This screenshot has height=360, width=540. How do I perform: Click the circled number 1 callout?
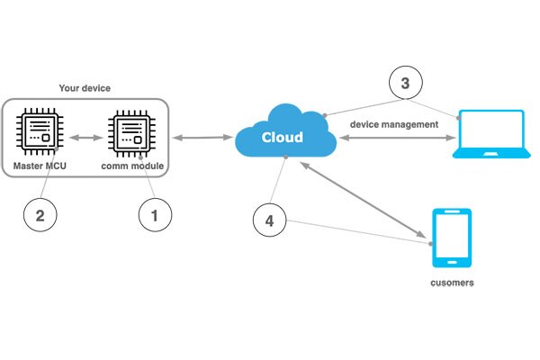(154, 215)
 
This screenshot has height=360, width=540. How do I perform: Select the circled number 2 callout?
(39, 214)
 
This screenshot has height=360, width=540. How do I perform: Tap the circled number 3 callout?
(404, 85)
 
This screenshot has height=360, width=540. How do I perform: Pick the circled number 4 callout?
(269, 220)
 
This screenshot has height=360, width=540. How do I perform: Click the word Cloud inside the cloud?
(282, 138)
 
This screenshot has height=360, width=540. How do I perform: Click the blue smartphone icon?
(451, 238)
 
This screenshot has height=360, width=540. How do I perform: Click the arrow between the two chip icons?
(85, 138)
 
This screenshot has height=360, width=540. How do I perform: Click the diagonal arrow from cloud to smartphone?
(365, 202)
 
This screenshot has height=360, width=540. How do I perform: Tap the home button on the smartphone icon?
(451, 261)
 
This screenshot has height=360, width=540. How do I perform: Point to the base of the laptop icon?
(490, 154)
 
